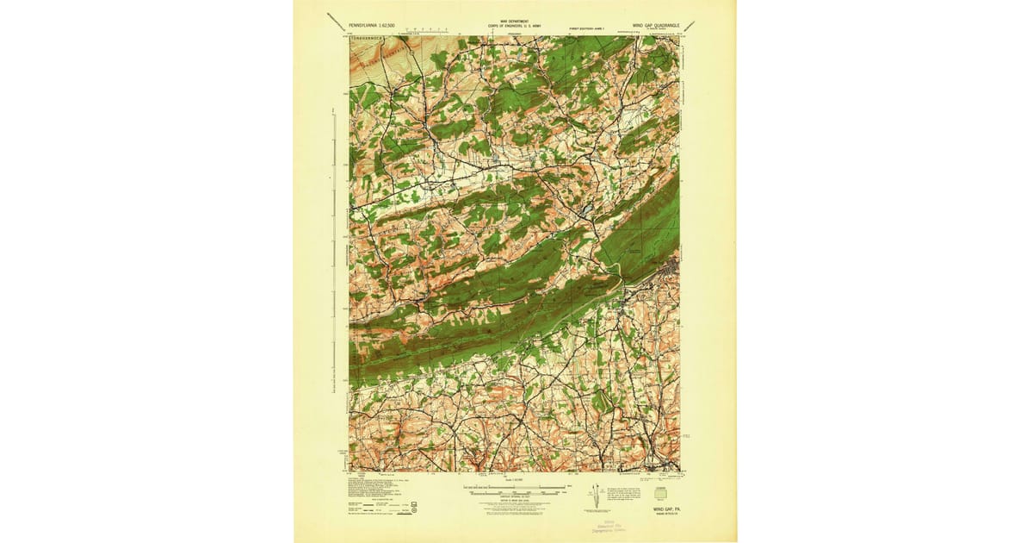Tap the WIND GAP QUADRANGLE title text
pyautogui.click(x=656, y=26)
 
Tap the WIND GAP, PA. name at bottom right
pyautogui.click(x=665, y=509)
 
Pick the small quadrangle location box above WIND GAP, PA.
pyautogui.click(x=660, y=494)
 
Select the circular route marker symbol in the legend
pyautogui.click(x=415, y=510)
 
